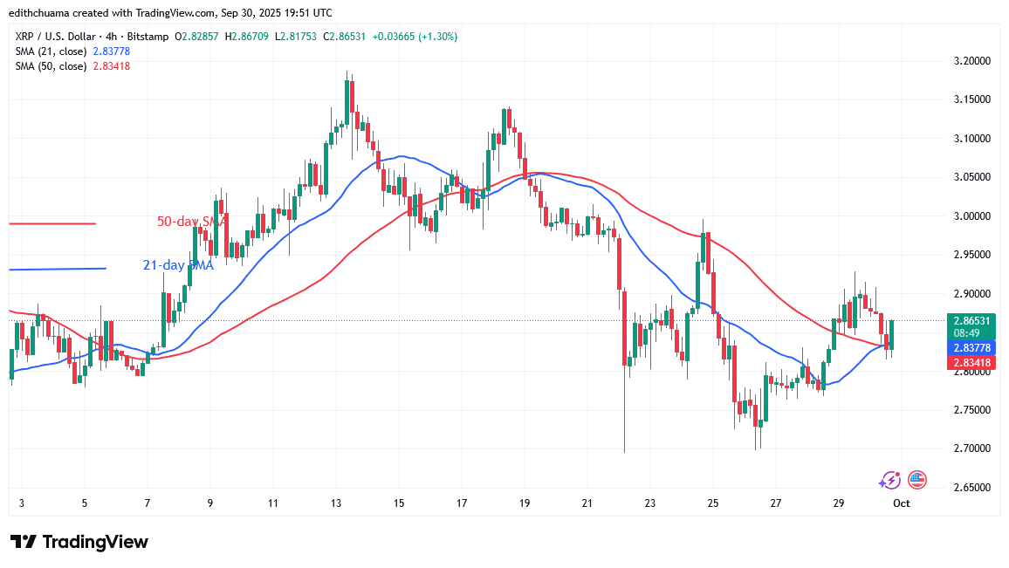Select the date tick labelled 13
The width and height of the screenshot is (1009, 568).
336,503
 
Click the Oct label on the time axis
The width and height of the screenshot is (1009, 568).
902,503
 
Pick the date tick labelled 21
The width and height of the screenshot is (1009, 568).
587,503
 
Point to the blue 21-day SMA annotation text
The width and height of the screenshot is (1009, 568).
178,265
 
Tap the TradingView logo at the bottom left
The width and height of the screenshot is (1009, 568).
79,542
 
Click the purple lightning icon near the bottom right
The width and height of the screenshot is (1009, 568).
889,479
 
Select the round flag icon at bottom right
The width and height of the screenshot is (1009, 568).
916,479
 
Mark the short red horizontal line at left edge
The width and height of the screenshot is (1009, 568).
51,224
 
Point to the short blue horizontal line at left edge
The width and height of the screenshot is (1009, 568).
57,269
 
